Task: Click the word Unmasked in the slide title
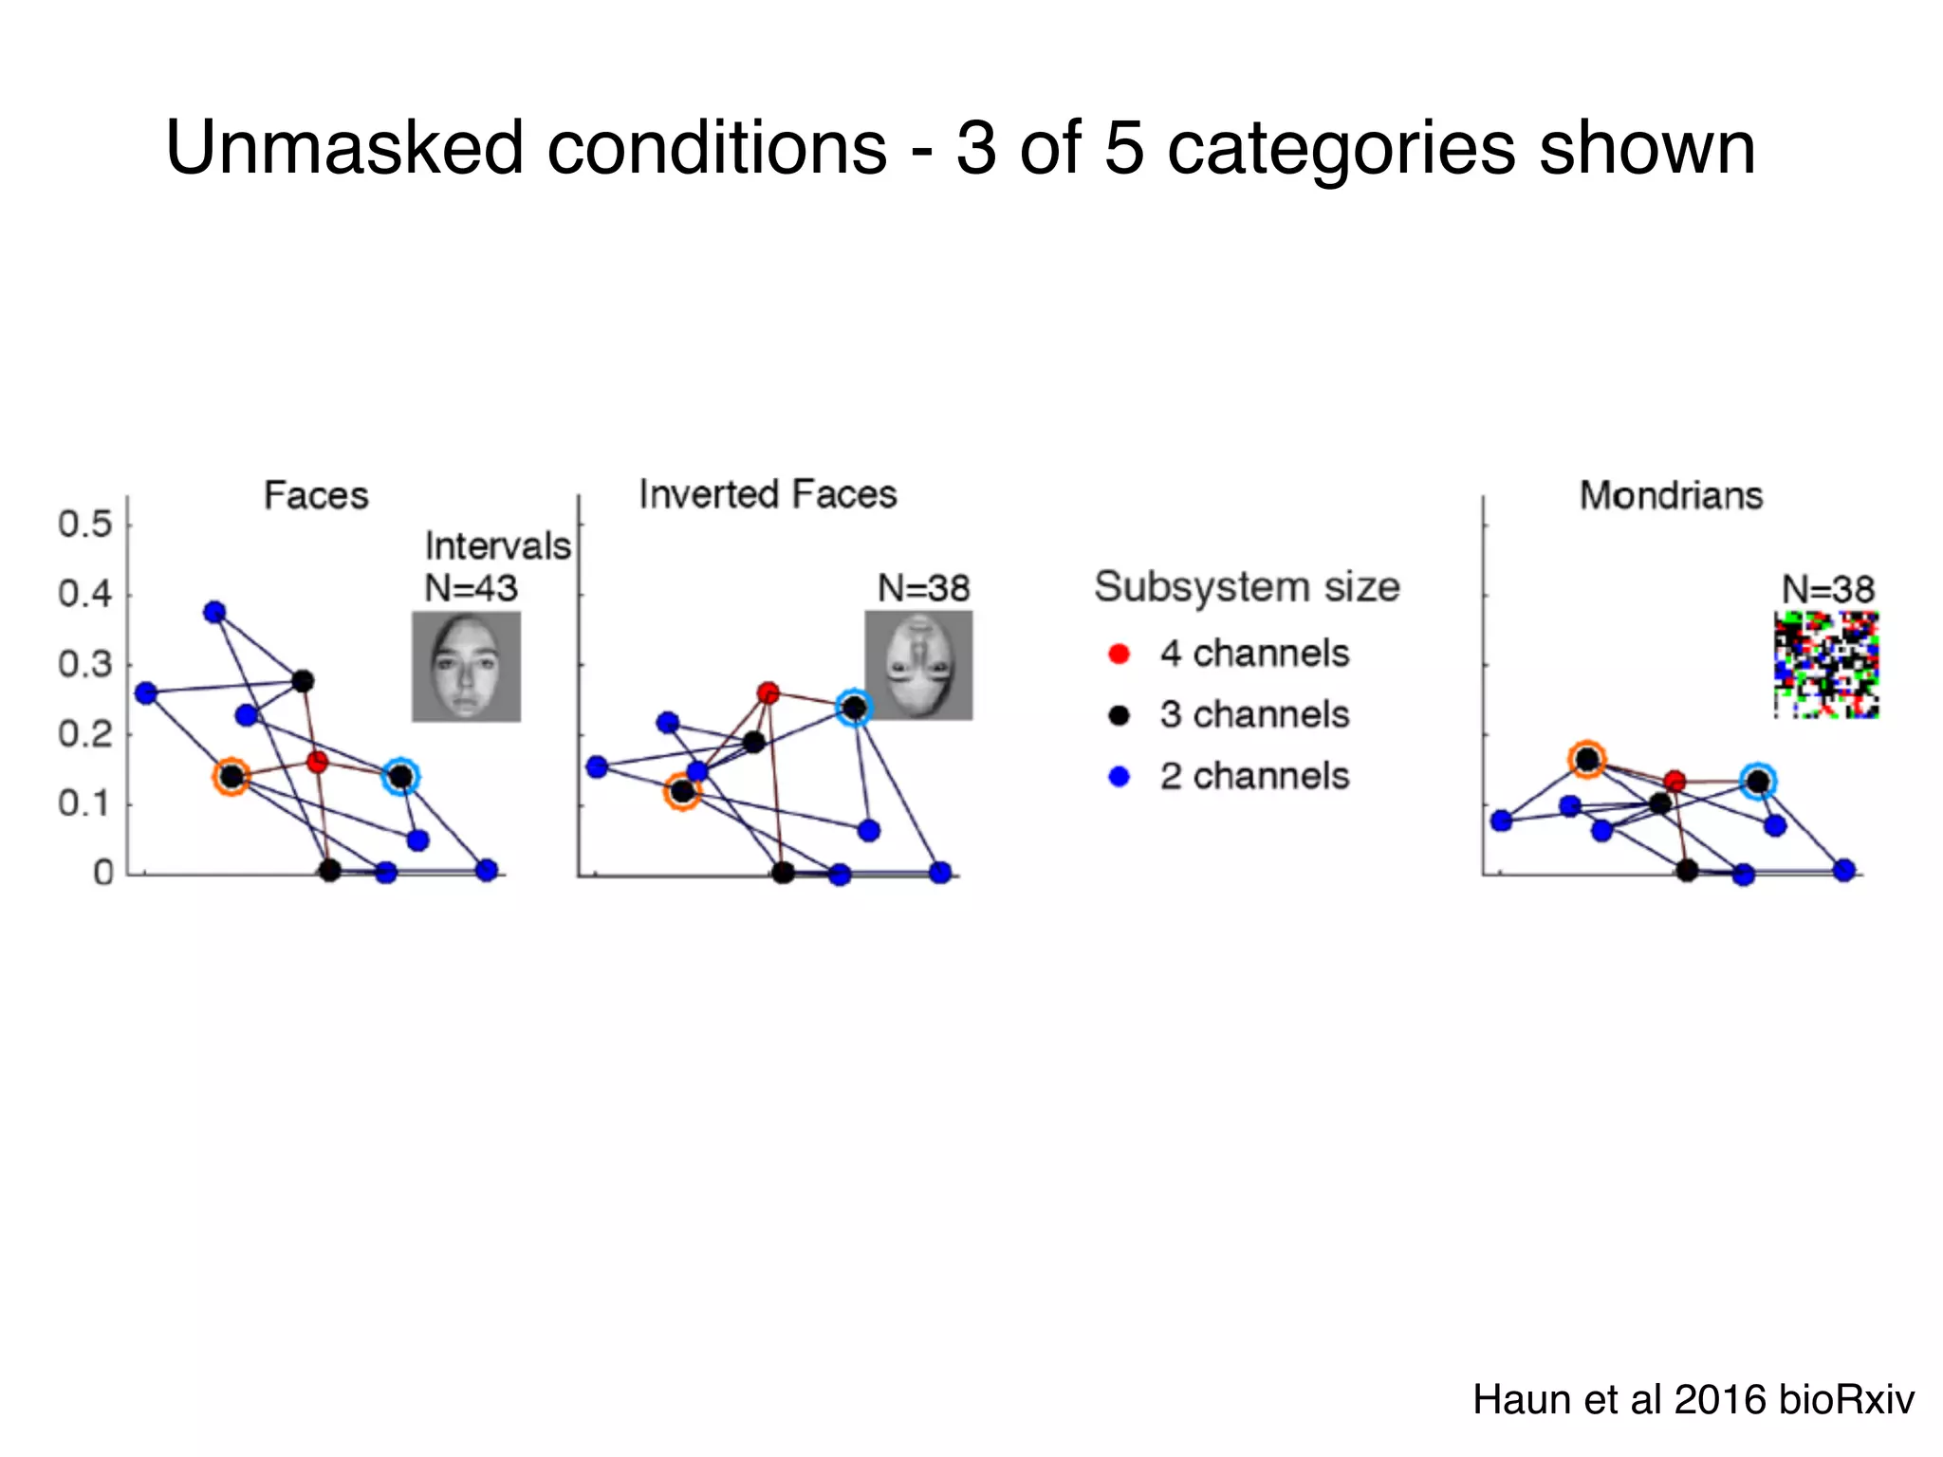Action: [344, 148]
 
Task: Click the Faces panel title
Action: [316, 496]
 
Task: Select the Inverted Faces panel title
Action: [768, 494]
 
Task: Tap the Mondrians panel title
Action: [1671, 496]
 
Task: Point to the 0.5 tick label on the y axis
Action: [84, 525]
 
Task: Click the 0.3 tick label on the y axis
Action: [84, 665]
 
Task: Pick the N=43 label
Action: [471, 589]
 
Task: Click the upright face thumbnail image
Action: [466, 666]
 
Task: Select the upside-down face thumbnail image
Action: [918, 665]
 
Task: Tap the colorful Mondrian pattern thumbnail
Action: [1826, 665]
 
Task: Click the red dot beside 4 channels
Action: [1120, 654]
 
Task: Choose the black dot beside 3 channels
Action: [1120, 715]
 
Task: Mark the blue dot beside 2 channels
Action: [1120, 777]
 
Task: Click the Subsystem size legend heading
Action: [1247, 587]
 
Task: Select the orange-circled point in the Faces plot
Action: [231, 778]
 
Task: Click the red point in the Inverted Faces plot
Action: [768, 693]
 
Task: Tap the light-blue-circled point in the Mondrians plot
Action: [1758, 782]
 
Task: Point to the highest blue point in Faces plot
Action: [214, 612]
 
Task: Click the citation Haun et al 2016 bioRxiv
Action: [1693, 1400]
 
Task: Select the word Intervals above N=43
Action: [497, 546]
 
